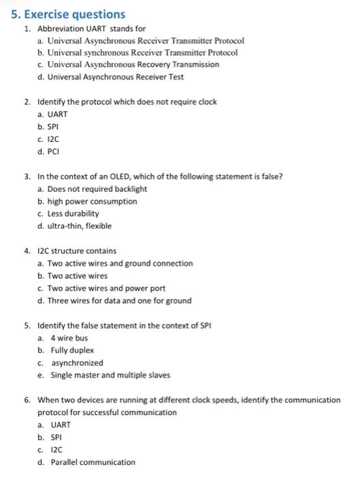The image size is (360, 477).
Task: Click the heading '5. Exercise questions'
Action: (66, 14)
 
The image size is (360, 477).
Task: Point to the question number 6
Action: (27, 400)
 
